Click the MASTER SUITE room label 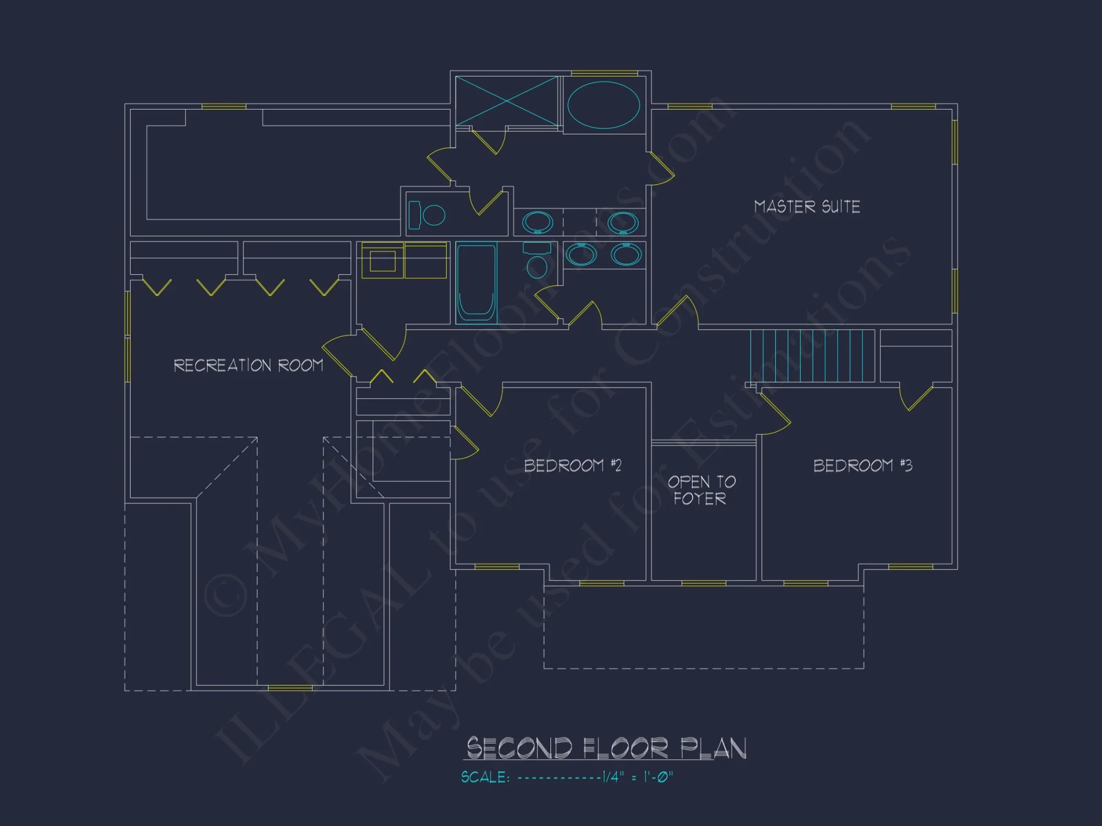(807, 206)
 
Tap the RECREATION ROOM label (249, 365)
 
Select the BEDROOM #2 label (572, 465)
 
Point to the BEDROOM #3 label (862, 465)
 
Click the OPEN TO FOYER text (701, 490)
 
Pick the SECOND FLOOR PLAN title (606, 748)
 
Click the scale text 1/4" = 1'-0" (638, 777)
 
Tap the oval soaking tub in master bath (603, 105)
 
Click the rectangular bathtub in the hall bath (476, 282)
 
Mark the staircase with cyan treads (812, 356)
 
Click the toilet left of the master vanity (426, 215)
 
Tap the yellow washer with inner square (382, 260)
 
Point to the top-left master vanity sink (537, 222)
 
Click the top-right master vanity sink (623, 222)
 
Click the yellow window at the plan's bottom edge (290, 688)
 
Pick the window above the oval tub (604, 73)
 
